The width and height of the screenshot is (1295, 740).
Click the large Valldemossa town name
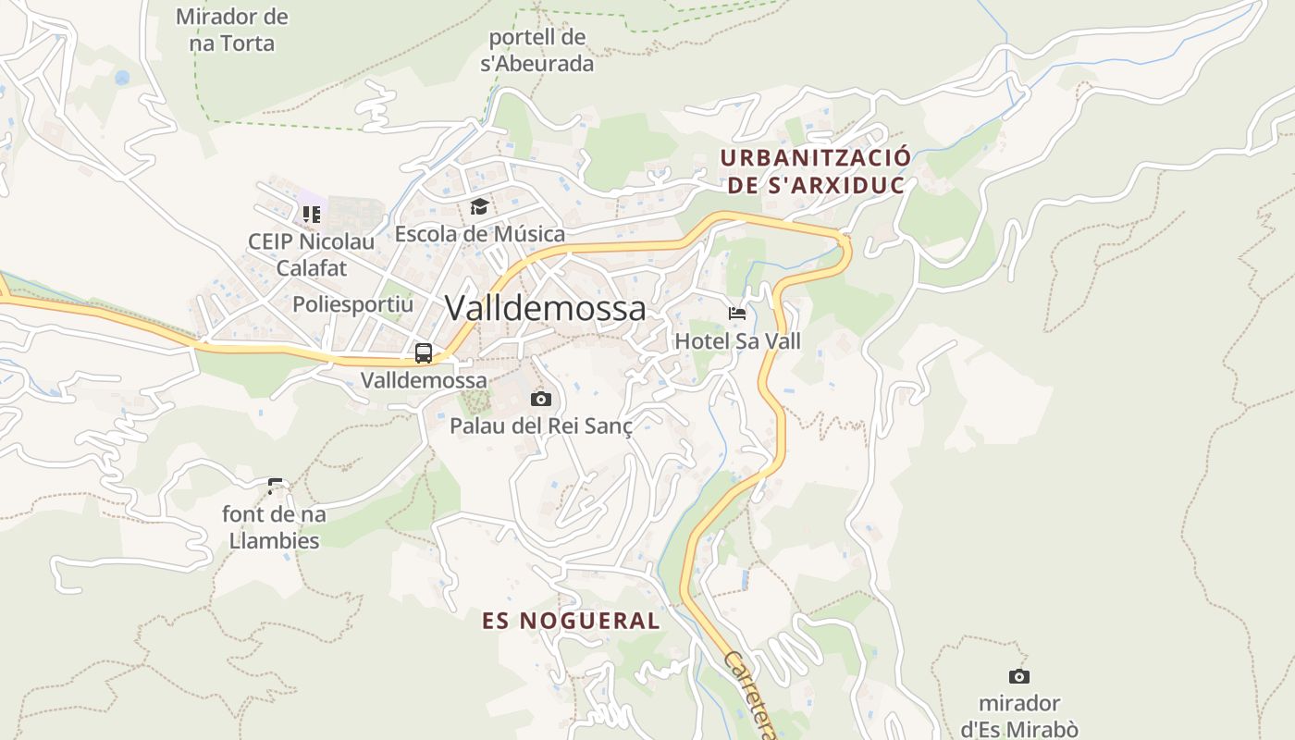pyautogui.click(x=545, y=308)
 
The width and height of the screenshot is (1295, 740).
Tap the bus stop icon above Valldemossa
pyautogui.click(x=424, y=352)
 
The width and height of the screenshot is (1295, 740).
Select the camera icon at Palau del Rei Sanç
pyautogui.click(x=541, y=399)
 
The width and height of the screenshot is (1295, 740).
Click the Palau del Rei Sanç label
pyautogui.click(x=541, y=426)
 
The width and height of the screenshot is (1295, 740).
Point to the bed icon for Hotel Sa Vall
pyautogui.click(x=737, y=314)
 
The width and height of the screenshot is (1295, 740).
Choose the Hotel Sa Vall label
pyautogui.click(x=737, y=341)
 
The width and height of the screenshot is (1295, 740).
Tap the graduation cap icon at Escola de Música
pyautogui.click(x=479, y=206)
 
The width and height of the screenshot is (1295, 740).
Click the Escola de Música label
pyautogui.click(x=479, y=234)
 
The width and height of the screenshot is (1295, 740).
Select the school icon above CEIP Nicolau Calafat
pyautogui.click(x=311, y=215)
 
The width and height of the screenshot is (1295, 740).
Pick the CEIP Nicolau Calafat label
pyautogui.click(x=311, y=255)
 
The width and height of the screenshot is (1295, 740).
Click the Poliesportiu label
pyautogui.click(x=352, y=304)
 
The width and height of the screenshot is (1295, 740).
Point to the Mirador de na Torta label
pyautogui.click(x=231, y=30)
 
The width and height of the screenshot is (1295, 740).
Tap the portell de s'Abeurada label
pyautogui.click(x=536, y=51)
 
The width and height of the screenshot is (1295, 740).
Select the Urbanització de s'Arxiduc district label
pyautogui.click(x=815, y=171)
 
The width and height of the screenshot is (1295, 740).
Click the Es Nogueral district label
pyautogui.click(x=571, y=621)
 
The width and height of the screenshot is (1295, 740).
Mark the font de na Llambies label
pyautogui.click(x=274, y=527)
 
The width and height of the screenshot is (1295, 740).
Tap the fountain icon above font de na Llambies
pyautogui.click(x=275, y=486)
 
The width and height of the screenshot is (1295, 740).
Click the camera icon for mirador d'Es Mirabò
pyautogui.click(x=1018, y=676)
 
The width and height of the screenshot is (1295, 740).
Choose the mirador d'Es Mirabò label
pyautogui.click(x=1018, y=716)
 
